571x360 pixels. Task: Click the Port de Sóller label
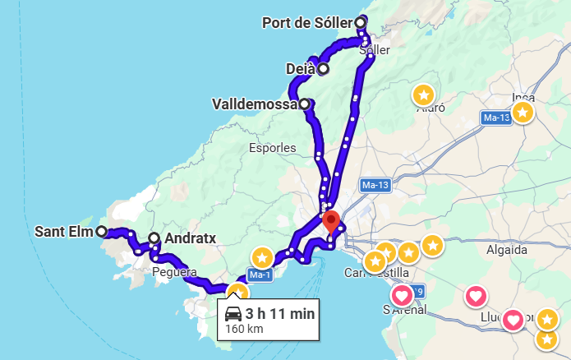coord(306,22)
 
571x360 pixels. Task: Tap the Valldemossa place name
coord(254,104)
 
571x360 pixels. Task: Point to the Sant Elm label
coord(62,231)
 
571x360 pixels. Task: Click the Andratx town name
coord(190,238)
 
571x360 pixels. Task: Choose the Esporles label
coord(272,149)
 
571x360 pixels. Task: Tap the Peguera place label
coord(174,270)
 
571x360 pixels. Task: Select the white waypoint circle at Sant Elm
coord(101,231)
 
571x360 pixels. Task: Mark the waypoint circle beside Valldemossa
coord(305,104)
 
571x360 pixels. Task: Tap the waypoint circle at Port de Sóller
coord(361,22)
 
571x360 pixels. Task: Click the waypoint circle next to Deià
coord(323,69)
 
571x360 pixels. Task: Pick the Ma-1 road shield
coord(260,274)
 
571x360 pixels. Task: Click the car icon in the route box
coord(233,314)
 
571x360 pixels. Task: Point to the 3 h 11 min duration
coord(280,314)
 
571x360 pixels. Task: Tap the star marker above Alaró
coord(423,95)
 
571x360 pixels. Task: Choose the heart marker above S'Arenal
coord(402,294)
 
